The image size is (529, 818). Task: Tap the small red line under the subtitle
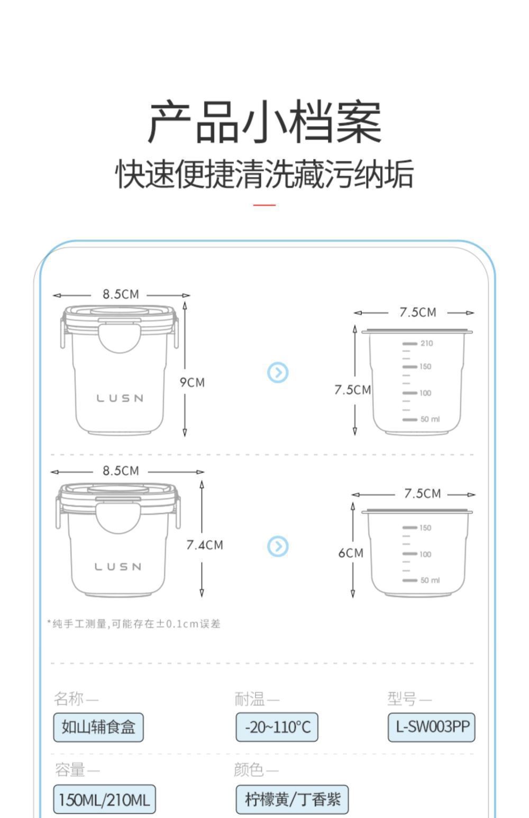(x=264, y=205)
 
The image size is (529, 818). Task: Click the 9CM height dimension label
(x=192, y=382)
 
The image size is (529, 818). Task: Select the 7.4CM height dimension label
(x=204, y=545)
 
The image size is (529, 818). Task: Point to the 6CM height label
(x=351, y=553)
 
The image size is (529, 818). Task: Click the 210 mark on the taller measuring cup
(x=426, y=343)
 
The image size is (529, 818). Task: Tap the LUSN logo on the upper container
(x=120, y=398)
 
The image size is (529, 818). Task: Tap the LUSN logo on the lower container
(x=118, y=567)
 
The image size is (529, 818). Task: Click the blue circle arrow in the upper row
(x=278, y=373)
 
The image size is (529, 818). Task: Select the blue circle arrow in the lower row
(x=278, y=546)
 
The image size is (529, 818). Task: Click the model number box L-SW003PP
(x=432, y=727)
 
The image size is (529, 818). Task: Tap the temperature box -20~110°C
(x=277, y=727)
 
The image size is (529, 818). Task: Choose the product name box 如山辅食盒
(x=98, y=727)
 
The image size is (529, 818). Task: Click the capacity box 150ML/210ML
(x=104, y=799)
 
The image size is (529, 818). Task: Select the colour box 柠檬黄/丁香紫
(x=292, y=799)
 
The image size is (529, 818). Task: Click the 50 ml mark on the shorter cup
(x=429, y=580)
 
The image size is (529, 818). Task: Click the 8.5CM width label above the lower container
(x=121, y=471)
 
